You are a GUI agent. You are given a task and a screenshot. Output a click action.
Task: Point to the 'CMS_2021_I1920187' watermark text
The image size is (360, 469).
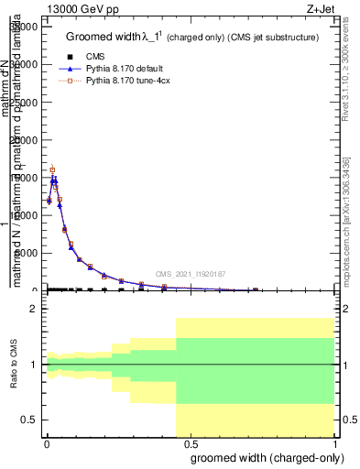pos(190,274)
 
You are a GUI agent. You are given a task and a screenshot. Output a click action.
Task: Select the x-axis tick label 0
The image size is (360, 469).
pos(46,442)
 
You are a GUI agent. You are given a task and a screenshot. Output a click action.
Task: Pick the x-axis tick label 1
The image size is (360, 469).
pos(334,442)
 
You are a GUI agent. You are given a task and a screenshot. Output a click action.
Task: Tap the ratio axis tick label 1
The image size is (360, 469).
pos(33,365)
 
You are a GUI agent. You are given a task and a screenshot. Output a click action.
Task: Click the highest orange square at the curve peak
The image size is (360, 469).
pos(52,169)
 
